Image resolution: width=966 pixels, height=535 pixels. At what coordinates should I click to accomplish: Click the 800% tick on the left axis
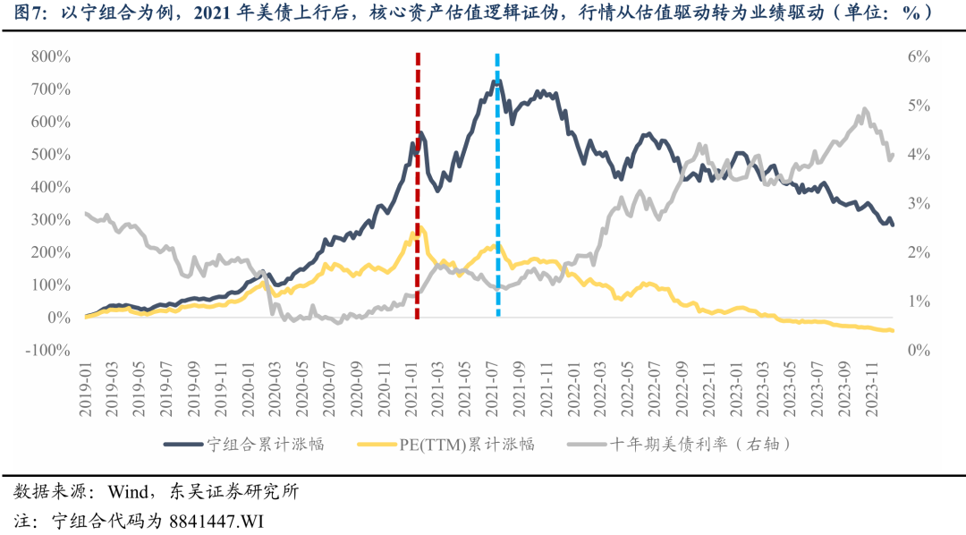tap(49, 56)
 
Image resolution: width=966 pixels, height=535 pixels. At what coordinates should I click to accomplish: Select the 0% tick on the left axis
tap(59, 318)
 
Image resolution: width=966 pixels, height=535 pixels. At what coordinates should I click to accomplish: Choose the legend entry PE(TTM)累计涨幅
tap(466, 444)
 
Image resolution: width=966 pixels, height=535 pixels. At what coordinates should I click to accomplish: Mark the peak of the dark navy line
tap(496, 81)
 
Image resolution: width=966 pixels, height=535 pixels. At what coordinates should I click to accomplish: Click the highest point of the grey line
tap(864, 109)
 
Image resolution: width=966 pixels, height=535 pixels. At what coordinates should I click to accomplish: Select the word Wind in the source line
tap(126, 492)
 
